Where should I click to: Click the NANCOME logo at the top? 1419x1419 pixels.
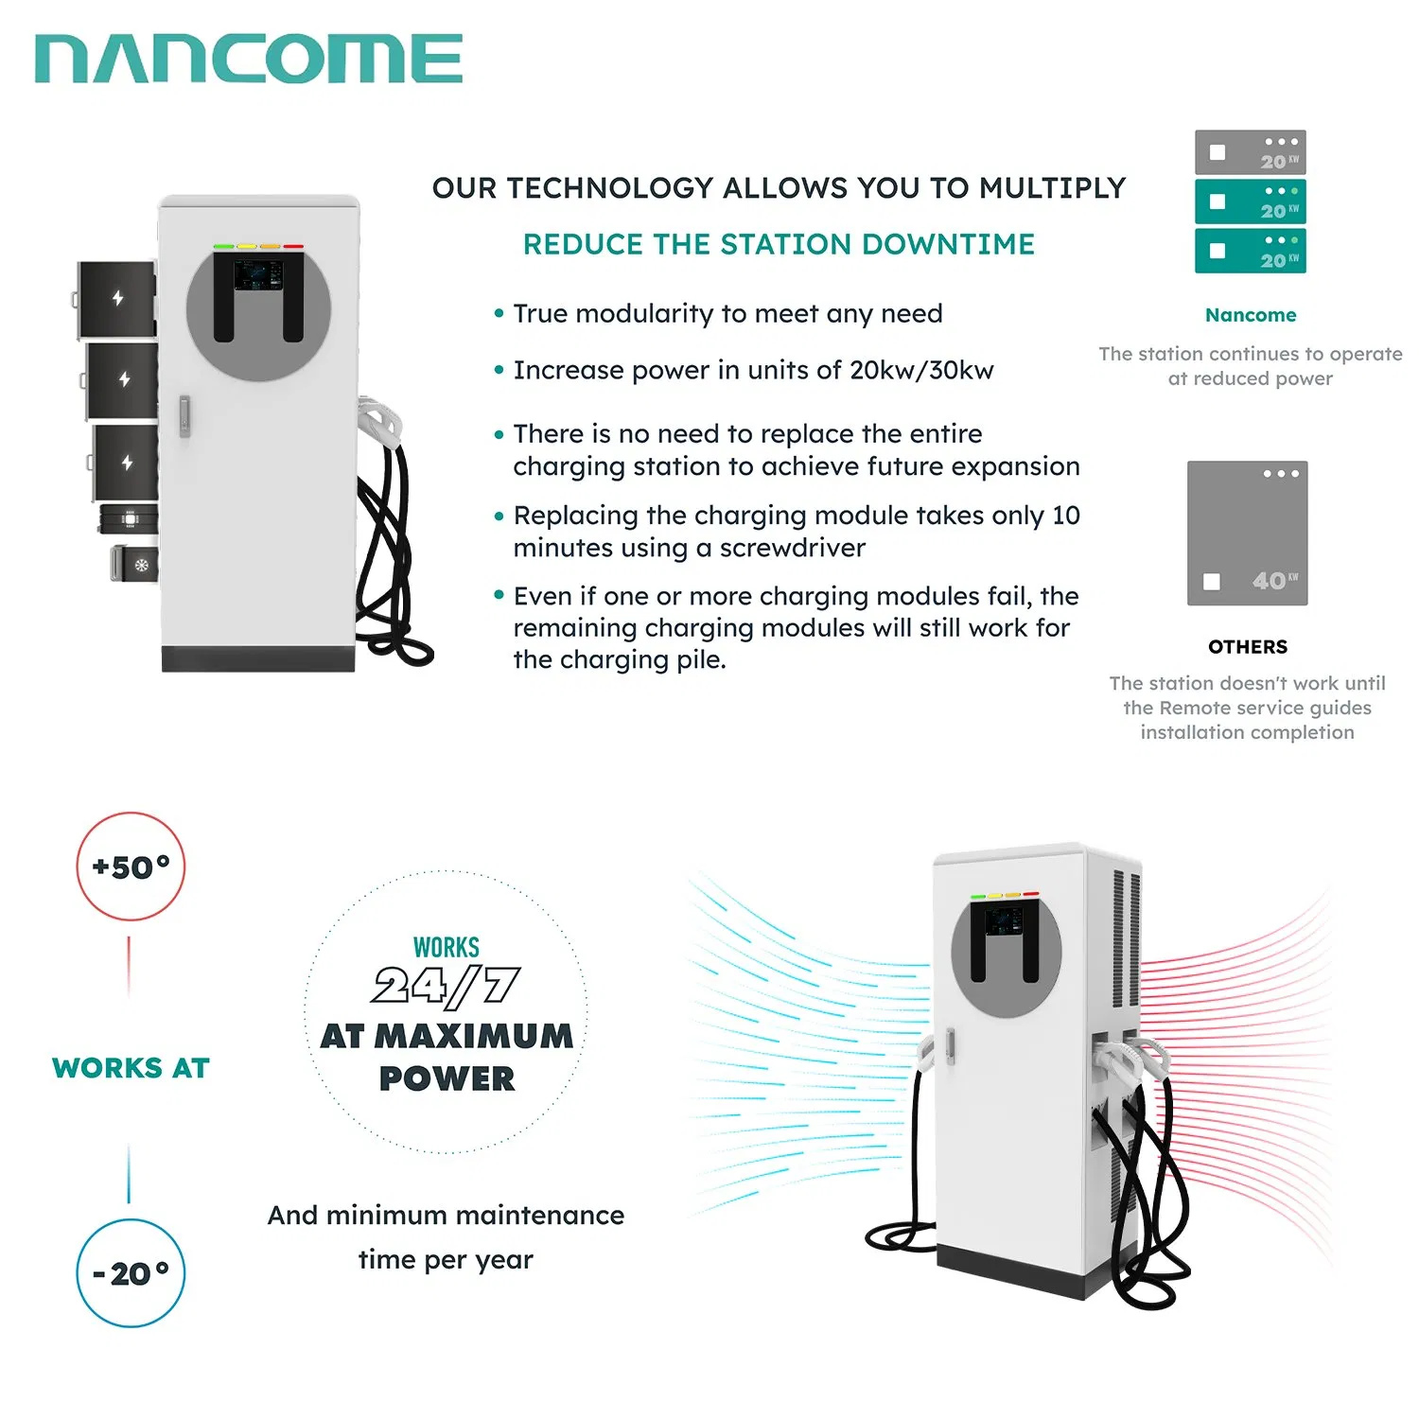(x=248, y=59)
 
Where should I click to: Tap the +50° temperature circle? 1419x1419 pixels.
(x=131, y=867)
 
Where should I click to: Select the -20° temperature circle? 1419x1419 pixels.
(x=131, y=1273)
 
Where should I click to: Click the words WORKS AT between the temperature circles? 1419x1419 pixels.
(x=131, y=1068)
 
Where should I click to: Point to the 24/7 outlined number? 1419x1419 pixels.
(x=446, y=986)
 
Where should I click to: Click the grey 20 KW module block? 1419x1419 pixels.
(x=1250, y=152)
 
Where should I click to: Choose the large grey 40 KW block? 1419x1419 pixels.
(x=1247, y=534)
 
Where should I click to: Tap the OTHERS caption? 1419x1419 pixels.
(x=1248, y=647)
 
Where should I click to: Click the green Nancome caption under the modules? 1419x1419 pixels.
(x=1251, y=315)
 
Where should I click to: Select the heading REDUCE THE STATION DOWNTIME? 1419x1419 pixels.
(x=779, y=244)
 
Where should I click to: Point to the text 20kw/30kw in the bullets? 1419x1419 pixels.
(x=921, y=370)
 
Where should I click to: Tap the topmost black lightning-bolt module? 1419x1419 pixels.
(x=117, y=299)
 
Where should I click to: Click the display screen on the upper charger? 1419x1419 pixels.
(x=257, y=275)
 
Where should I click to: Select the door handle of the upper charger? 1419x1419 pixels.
(x=184, y=416)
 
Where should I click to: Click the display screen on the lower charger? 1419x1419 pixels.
(x=1005, y=920)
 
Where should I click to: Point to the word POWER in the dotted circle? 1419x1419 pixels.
(x=447, y=1078)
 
